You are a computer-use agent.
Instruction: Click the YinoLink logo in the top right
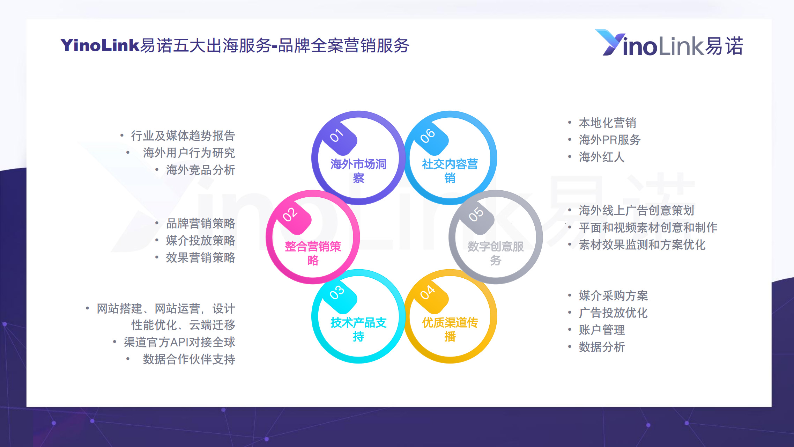pyautogui.click(x=669, y=43)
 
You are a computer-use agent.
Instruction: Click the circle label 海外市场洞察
pyautogui.click(x=358, y=171)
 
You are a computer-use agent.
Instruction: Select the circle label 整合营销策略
pyautogui.click(x=313, y=253)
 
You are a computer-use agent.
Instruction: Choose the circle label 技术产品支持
pyautogui.click(x=358, y=329)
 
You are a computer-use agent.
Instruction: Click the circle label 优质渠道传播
pyautogui.click(x=450, y=329)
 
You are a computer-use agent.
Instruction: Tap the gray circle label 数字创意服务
pyautogui.click(x=496, y=253)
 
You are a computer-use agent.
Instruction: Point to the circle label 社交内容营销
pyautogui.click(x=450, y=171)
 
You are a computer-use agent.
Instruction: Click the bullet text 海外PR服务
pyautogui.click(x=609, y=140)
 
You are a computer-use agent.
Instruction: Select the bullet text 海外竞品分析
pyautogui.click(x=200, y=170)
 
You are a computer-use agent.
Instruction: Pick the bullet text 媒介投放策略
pyautogui.click(x=200, y=240)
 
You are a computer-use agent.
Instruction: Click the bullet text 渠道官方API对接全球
pyautogui.click(x=179, y=342)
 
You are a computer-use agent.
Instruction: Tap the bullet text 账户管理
pyautogui.click(x=602, y=330)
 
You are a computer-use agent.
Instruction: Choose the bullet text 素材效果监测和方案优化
pyautogui.click(x=642, y=244)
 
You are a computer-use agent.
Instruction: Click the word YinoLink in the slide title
pyautogui.click(x=100, y=45)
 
